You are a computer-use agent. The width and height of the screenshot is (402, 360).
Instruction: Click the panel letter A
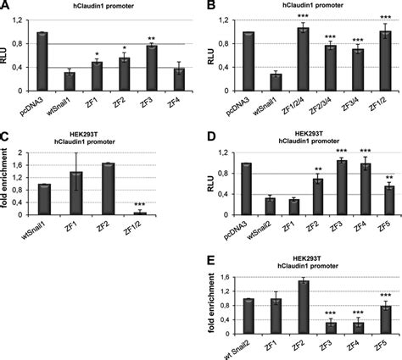click(x=6, y=7)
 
